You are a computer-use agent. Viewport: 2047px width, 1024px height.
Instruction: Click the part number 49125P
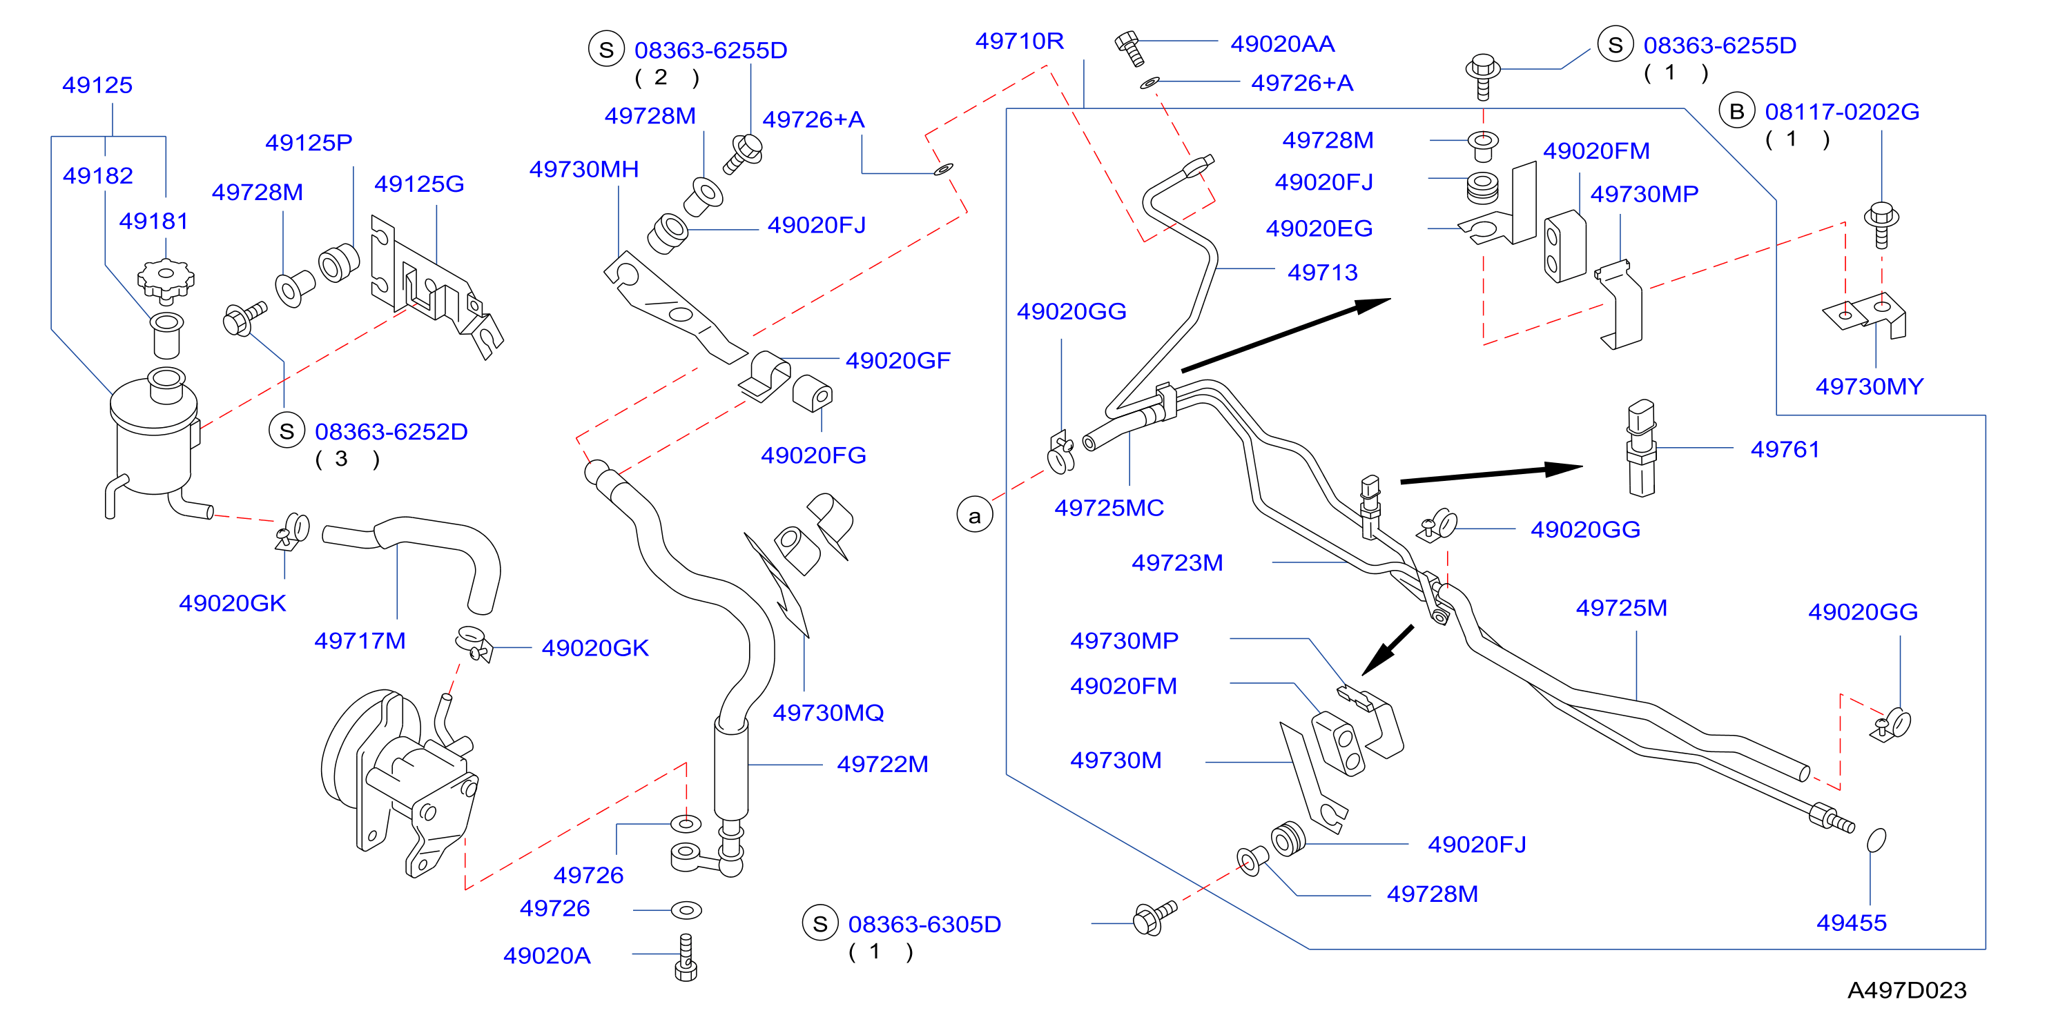(x=309, y=142)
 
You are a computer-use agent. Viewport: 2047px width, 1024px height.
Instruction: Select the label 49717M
(x=360, y=640)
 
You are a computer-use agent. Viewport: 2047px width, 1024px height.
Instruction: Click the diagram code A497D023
(x=1907, y=989)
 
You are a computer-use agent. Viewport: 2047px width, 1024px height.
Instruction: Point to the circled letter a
(x=974, y=515)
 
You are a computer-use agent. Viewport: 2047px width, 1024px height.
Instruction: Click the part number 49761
(x=1785, y=450)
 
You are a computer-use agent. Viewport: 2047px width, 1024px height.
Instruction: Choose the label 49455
(x=1852, y=923)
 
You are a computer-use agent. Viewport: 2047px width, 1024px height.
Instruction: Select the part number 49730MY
(x=1870, y=387)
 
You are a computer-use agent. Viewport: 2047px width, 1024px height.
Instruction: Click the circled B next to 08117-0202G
(x=1737, y=111)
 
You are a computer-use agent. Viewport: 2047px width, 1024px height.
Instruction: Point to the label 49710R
(x=1020, y=41)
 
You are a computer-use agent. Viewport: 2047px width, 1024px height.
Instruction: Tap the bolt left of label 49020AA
(x=1129, y=48)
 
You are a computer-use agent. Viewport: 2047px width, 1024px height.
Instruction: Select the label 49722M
(x=883, y=765)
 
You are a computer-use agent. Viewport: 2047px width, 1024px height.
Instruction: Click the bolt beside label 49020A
(x=686, y=957)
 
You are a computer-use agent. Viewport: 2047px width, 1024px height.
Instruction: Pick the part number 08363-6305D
(x=925, y=925)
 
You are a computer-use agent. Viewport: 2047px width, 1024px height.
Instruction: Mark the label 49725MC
(x=1109, y=509)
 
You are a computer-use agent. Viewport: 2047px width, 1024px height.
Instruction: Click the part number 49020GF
(x=898, y=361)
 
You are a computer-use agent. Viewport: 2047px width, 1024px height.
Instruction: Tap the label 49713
(x=1322, y=273)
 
